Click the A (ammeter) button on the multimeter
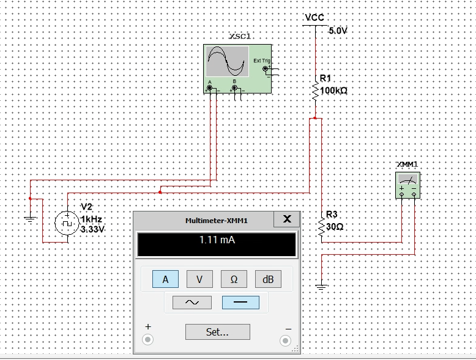(x=165, y=279)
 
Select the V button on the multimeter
(x=199, y=279)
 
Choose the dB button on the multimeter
(x=267, y=279)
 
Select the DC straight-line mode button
(x=240, y=302)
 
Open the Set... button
(x=217, y=332)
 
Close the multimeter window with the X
(x=288, y=219)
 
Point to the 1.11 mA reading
(x=217, y=240)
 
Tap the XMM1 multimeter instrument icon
(x=407, y=185)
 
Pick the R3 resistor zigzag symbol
(x=322, y=226)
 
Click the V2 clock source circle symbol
(x=66, y=222)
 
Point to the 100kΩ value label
(x=333, y=90)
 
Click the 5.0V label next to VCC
(x=337, y=31)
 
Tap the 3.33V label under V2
(x=93, y=229)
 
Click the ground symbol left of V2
(x=29, y=217)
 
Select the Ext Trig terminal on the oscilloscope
(x=266, y=69)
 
